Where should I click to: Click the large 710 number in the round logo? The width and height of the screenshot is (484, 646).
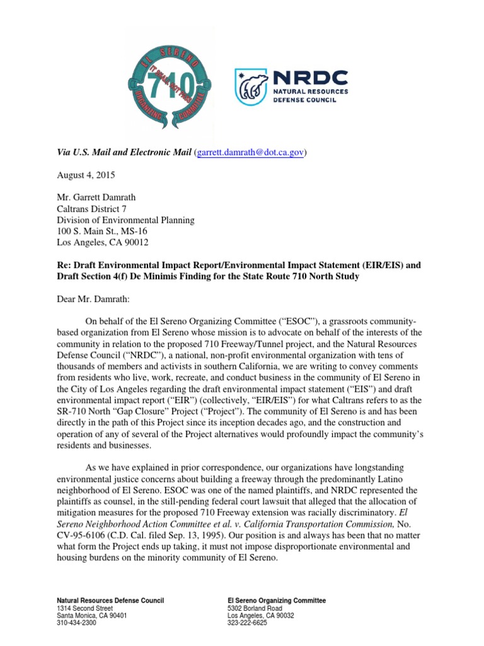170,82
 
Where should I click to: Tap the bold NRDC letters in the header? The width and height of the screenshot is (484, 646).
309,77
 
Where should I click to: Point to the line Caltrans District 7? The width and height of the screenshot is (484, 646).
92,209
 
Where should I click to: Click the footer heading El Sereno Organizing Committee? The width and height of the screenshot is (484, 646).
276,600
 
